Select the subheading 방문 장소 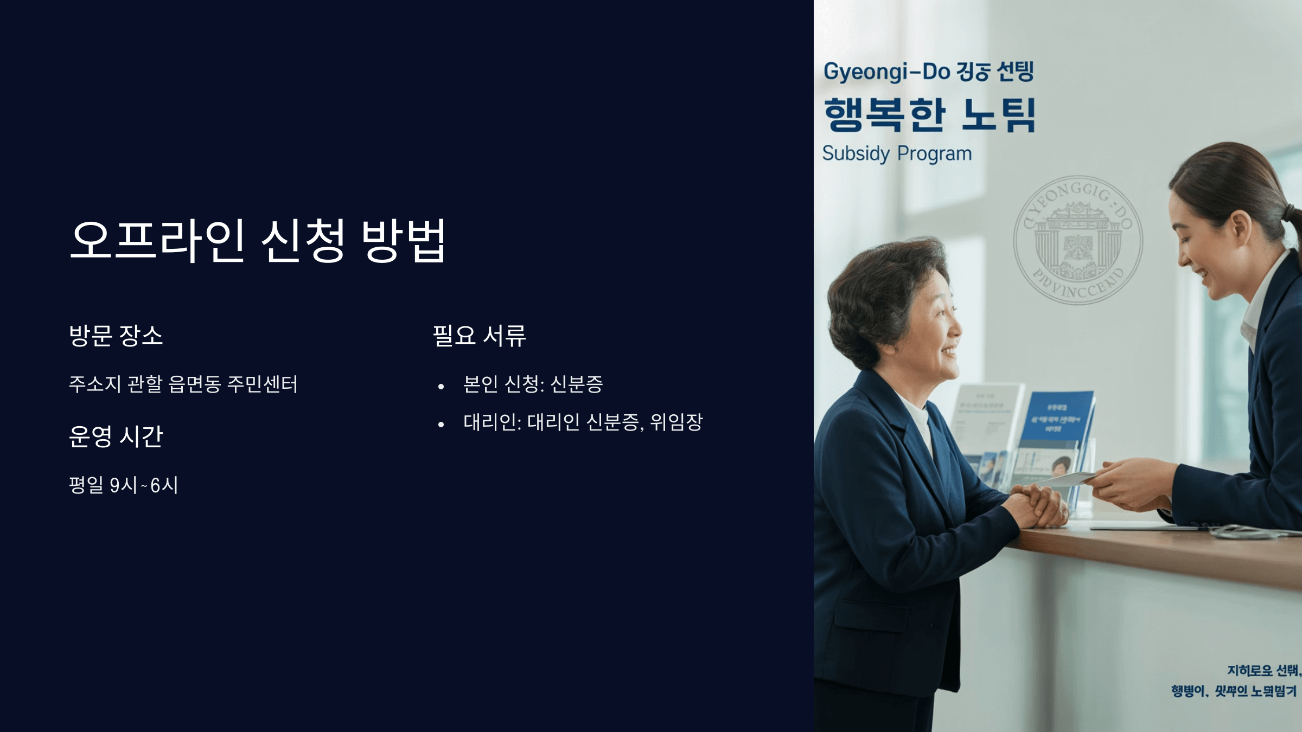point(116,335)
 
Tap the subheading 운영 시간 point(116,436)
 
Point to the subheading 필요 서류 point(479,335)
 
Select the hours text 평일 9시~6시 point(124,485)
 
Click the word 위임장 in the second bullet point(676,422)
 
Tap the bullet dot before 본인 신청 point(441,387)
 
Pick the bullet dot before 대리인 point(441,425)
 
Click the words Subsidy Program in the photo point(897,153)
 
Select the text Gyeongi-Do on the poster point(886,72)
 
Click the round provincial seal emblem point(1078,240)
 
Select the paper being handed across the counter point(1066,479)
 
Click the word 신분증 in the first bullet point(576,384)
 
